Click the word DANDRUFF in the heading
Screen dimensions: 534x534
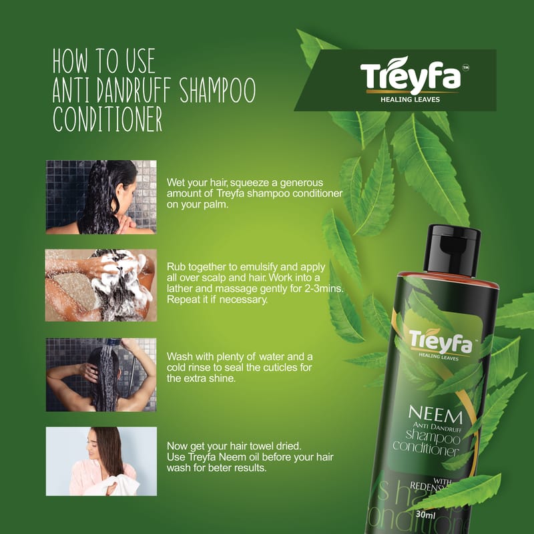[133, 90]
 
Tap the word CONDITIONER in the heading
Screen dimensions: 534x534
[107, 119]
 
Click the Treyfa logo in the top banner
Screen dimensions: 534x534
[411, 75]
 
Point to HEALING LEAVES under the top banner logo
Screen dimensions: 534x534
[410, 99]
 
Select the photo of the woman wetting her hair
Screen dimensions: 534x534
[101, 197]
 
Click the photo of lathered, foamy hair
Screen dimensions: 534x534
[101, 285]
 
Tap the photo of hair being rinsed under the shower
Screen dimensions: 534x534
[101, 374]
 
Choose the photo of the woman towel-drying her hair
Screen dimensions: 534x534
[101, 461]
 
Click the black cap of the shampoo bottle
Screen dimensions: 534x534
[452, 250]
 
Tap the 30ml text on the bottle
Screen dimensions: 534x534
[425, 514]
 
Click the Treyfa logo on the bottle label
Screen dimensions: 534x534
[441, 342]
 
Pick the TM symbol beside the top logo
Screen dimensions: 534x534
[466, 68]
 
